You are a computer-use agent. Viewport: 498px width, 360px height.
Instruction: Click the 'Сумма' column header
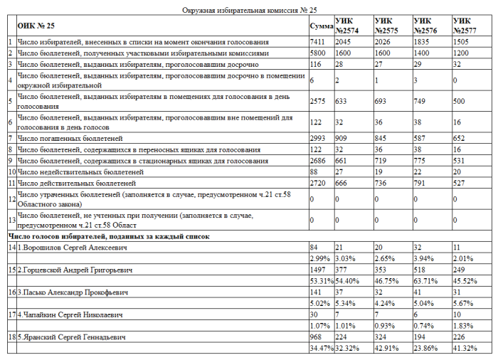tap(322, 26)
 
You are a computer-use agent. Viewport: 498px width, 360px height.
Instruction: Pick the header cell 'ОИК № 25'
tap(36, 26)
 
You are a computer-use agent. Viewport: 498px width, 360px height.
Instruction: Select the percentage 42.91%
tap(386, 349)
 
